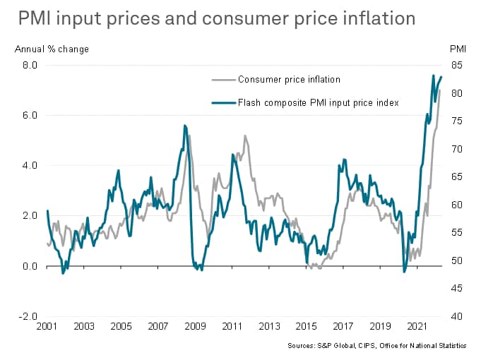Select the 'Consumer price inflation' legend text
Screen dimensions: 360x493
tap(290, 80)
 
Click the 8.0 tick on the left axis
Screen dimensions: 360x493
tap(30, 65)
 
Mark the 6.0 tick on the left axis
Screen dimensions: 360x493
tap(30, 115)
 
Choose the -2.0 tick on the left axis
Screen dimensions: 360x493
tap(29, 316)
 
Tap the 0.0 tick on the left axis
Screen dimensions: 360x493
tap(30, 266)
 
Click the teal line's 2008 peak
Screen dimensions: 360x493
tap(184, 126)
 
